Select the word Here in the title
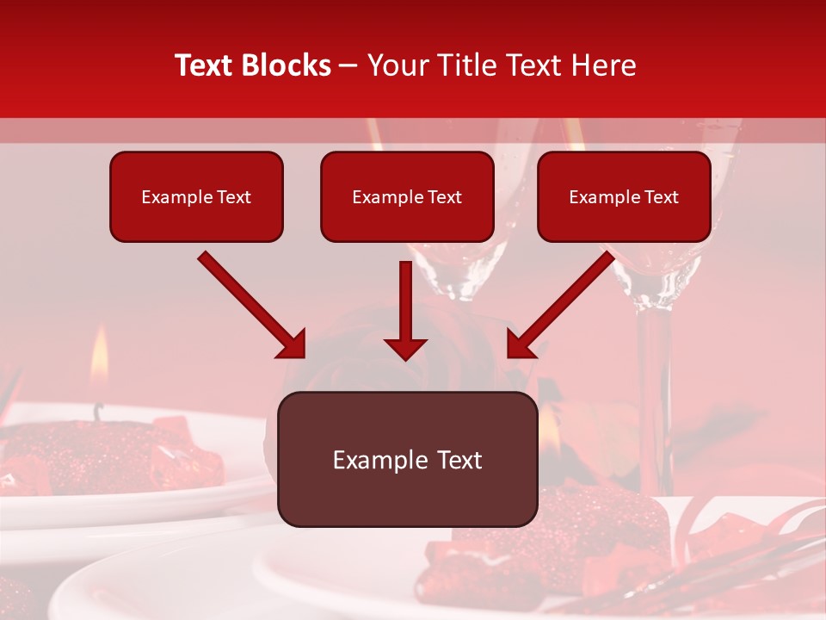click(x=605, y=65)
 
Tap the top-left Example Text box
click(x=196, y=197)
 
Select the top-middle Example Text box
click(x=407, y=197)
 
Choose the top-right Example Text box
click(x=624, y=197)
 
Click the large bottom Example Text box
click(x=407, y=459)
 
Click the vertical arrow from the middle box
click(x=405, y=310)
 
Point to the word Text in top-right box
click(x=662, y=197)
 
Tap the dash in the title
click(x=348, y=66)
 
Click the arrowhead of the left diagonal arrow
click(x=293, y=344)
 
